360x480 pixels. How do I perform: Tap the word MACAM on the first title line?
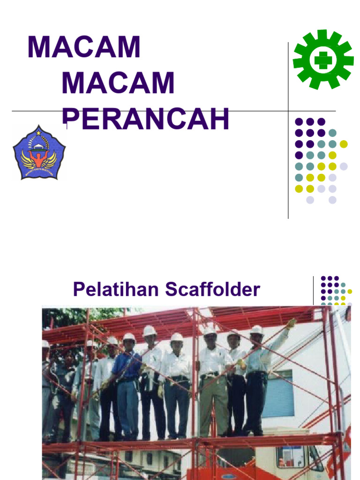[x=84, y=47]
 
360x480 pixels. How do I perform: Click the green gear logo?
[x=323, y=60]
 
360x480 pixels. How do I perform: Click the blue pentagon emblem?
[x=39, y=153]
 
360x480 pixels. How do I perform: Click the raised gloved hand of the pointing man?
[x=291, y=323]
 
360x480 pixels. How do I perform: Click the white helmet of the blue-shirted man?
[x=129, y=337]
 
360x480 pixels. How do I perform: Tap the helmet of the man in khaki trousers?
[x=210, y=331]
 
